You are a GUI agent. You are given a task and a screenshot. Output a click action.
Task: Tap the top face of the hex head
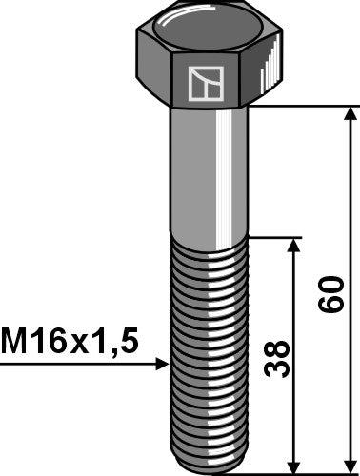212,30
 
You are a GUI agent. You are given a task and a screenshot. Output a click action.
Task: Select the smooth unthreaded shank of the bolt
211,171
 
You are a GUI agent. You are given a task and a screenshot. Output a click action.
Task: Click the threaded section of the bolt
211,352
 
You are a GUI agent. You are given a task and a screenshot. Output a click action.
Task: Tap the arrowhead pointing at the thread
160,364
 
